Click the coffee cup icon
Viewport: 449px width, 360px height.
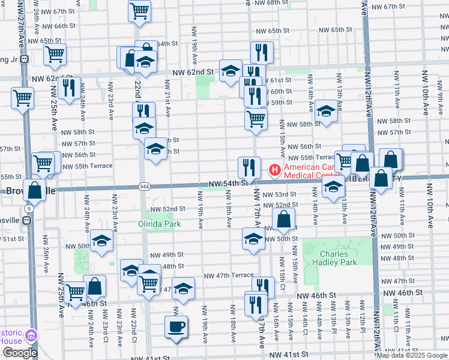click(x=176, y=327)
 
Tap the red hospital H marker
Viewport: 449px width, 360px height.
click(x=275, y=170)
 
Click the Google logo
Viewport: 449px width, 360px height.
click(x=20, y=353)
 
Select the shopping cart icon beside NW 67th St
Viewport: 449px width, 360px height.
click(x=139, y=10)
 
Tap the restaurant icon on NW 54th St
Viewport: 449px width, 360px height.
click(x=249, y=166)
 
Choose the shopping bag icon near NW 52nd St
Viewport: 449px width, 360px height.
click(x=285, y=219)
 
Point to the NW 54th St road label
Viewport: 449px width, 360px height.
click(x=229, y=183)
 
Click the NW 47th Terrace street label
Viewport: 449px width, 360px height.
click(x=229, y=275)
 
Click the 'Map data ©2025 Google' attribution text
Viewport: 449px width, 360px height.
click(x=412, y=355)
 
